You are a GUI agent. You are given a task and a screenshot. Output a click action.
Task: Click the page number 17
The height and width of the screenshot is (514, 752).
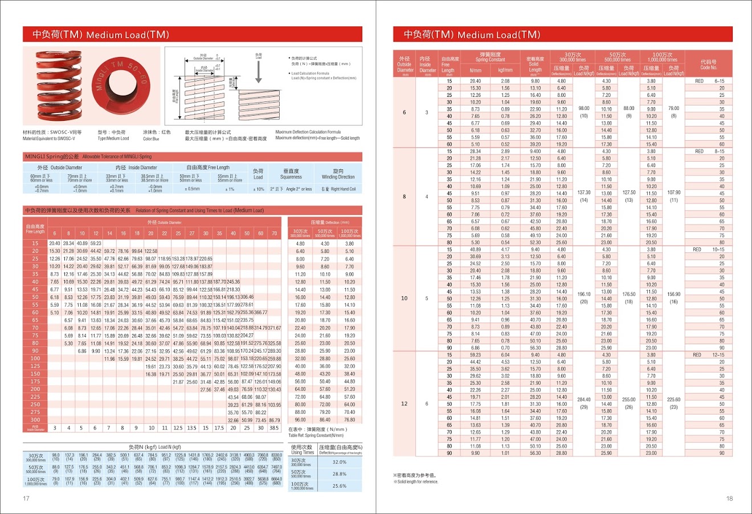pyautogui.click(x=26, y=499)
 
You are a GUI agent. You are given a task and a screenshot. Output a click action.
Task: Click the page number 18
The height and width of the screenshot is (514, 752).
pyautogui.click(x=730, y=499)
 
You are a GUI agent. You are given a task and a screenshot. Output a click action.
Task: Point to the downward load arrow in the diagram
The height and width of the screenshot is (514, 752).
pyautogui.click(x=259, y=72)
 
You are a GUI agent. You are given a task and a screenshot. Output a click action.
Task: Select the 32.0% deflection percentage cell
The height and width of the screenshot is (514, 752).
pyautogui.click(x=340, y=462)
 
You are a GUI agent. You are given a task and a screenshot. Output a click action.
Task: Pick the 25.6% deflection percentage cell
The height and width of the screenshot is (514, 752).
pyautogui.click(x=340, y=486)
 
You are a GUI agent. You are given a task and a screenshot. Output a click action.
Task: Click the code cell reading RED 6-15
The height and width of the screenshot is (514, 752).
pyautogui.click(x=709, y=81)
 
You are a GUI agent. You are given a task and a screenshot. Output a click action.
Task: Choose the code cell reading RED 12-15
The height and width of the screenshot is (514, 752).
pyautogui.click(x=709, y=354)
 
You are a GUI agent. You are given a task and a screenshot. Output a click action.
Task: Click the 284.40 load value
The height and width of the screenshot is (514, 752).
pyautogui.click(x=584, y=399)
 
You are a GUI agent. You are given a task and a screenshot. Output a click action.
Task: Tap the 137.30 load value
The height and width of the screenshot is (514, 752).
pyautogui.click(x=584, y=193)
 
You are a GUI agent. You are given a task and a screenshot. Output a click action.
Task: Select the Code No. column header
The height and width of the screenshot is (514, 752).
pyautogui.click(x=709, y=64)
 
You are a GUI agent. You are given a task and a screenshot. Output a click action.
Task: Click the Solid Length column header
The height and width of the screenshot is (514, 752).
pyautogui.click(x=535, y=64)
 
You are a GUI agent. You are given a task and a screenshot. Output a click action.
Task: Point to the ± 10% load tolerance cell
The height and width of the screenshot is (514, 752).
pyautogui.click(x=259, y=189)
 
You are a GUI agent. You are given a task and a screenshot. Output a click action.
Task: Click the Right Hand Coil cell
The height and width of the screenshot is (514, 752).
pyautogui.click(x=338, y=189)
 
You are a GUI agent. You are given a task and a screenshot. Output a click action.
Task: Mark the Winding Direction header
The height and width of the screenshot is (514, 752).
pyautogui.click(x=338, y=174)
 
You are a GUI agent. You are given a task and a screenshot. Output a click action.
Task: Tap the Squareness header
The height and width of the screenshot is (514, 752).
pyautogui.click(x=291, y=174)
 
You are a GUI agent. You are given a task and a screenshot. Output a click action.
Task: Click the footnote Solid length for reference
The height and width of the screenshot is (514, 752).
pyautogui.click(x=416, y=482)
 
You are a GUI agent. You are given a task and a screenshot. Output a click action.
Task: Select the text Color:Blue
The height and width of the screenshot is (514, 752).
pyautogui.click(x=151, y=138)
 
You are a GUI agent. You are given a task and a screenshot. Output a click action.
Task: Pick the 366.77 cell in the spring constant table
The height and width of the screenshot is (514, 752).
pyautogui.click(x=260, y=312)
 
